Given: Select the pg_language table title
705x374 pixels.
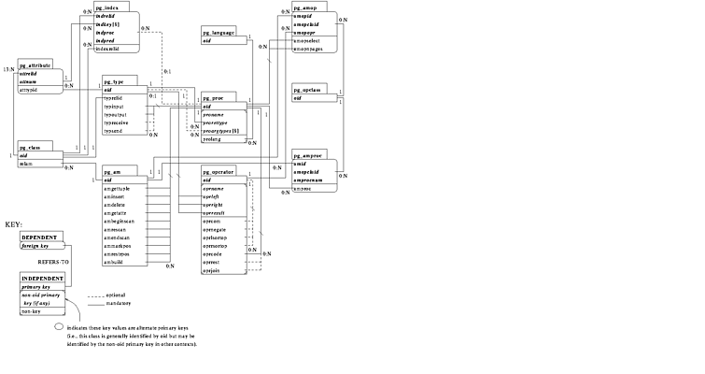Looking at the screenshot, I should click(x=219, y=31).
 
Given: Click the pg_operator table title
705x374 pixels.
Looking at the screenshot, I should click(x=219, y=170).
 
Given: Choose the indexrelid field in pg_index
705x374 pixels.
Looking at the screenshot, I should click(x=109, y=16).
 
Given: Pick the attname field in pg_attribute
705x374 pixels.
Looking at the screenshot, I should click(x=31, y=82).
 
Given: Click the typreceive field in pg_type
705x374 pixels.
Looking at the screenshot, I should click(x=118, y=122).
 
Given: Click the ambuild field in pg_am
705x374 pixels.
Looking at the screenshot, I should click(x=116, y=261).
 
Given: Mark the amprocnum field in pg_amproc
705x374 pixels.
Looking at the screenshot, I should click(x=313, y=180).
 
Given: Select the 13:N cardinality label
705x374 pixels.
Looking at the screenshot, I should click(x=8, y=69).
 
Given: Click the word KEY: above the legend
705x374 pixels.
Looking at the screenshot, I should click(x=13, y=225).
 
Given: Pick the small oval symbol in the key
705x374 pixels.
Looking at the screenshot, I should click(x=59, y=326).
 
